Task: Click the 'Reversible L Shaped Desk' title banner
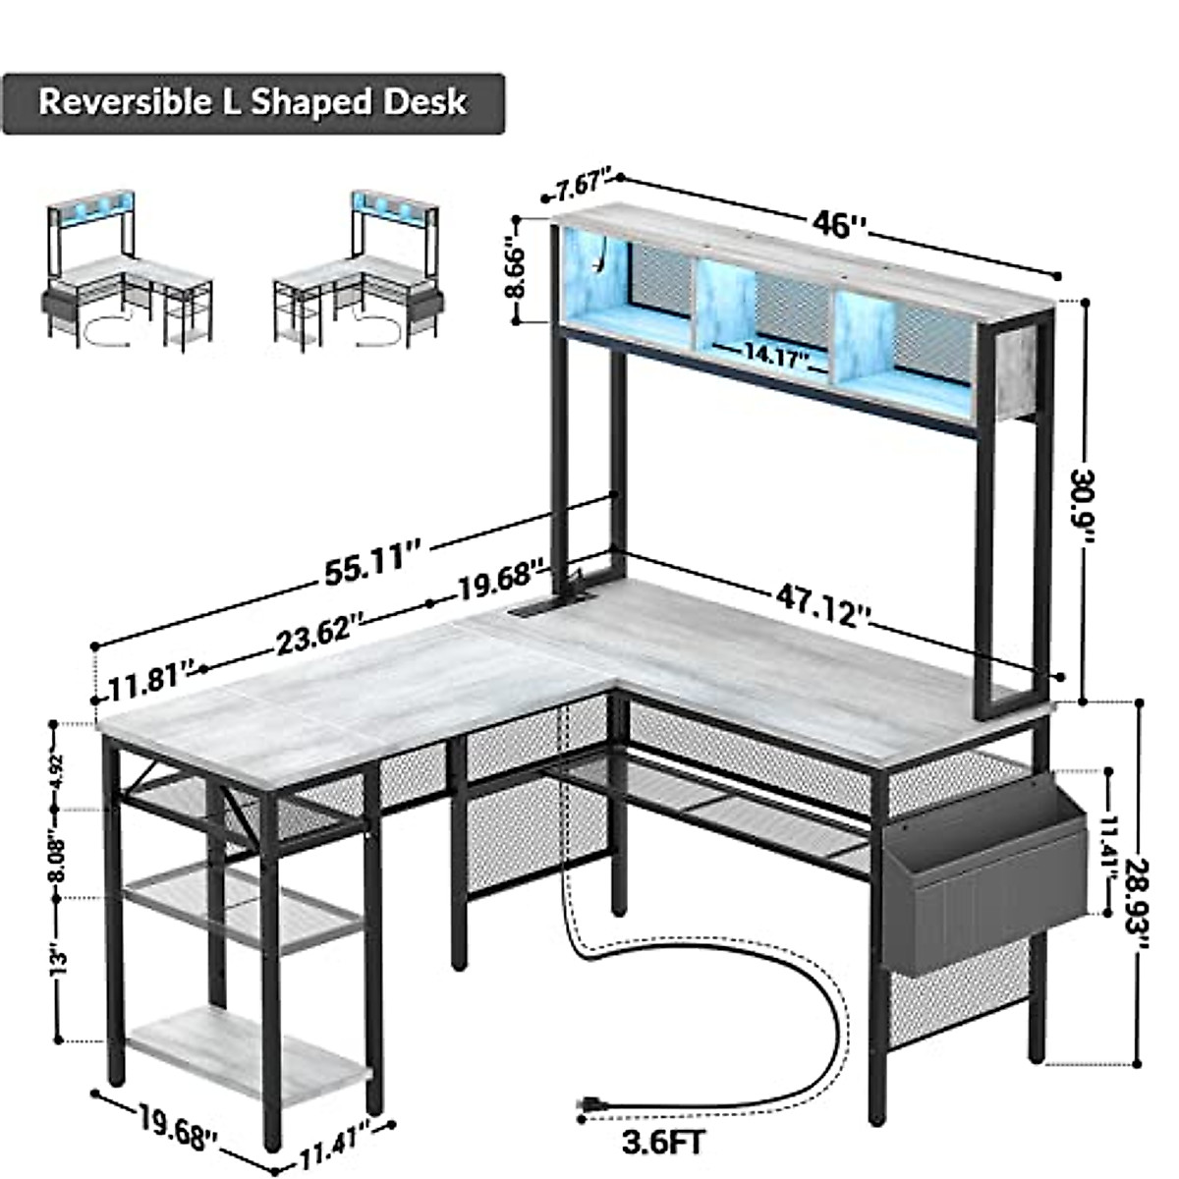(x=253, y=103)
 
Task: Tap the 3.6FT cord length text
(x=663, y=1142)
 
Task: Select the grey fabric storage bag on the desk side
(x=982, y=874)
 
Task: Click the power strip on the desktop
(x=550, y=608)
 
